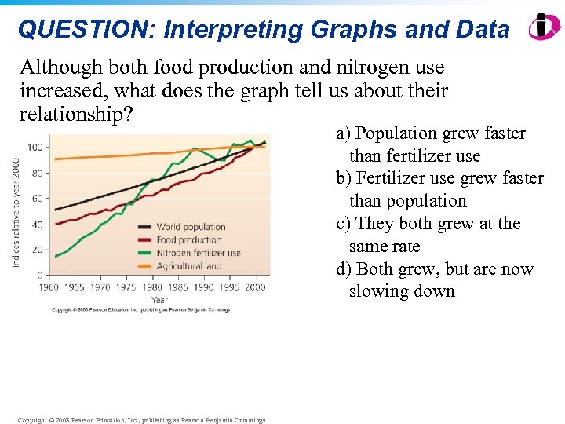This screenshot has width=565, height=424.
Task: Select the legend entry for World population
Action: tap(191, 227)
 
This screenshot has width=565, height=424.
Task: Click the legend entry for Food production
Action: tap(189, 240)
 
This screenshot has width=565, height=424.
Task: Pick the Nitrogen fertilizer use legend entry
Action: tap(199, 253)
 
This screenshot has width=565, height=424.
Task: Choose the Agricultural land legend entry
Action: tap(189, 266)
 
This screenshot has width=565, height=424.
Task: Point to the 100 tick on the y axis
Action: tap(35, 147)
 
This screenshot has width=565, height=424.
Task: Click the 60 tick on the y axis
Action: tap(38, 199)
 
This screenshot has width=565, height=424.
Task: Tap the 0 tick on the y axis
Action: tap(40, 276)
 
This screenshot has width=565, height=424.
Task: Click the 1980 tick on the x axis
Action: tap(153, 287)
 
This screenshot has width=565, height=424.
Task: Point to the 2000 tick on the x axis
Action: tap(254, 287)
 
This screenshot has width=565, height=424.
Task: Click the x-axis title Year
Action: tap(159, 300)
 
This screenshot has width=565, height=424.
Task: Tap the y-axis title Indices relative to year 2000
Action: tap(16, 212)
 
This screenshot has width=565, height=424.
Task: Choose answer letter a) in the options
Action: tap(343, 133)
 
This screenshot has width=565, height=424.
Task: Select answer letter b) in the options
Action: tap(344, 178)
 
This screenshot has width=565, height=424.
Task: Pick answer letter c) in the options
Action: tap(343, 224)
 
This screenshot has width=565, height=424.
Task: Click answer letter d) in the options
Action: tap(344, 269)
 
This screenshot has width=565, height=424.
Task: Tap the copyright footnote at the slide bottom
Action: tap(141, 420)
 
